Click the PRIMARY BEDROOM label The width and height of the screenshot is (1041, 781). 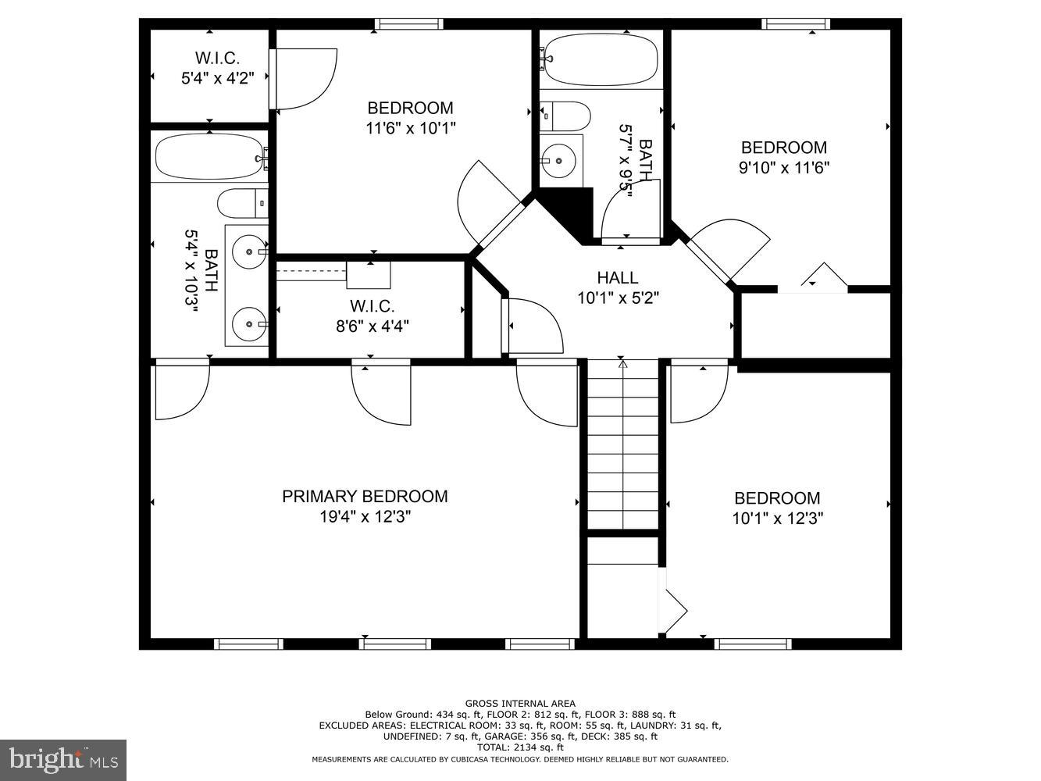point(365,497)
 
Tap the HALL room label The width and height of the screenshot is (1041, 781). point(618,277)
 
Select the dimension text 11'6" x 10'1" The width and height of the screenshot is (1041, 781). point(410,128)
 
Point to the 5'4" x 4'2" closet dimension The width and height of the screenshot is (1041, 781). point(217,78)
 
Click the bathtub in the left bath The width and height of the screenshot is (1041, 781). point(208,157)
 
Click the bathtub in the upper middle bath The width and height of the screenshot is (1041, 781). point(600,61)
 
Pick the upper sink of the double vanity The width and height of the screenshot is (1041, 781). point(248,251)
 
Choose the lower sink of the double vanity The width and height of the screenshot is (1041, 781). point(248,322)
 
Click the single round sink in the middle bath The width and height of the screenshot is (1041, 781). point(558,161)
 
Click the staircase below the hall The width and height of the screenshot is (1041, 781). point(622,445)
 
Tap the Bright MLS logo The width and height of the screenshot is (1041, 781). point(63,759)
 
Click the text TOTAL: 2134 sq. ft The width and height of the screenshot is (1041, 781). point(520,747)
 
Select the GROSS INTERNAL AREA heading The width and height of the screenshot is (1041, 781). point(520,704)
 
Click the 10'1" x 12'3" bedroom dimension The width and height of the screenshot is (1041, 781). point(778,518)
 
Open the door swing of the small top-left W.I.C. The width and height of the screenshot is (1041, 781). point(305,78)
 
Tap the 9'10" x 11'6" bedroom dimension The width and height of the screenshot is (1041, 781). point(783,167)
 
